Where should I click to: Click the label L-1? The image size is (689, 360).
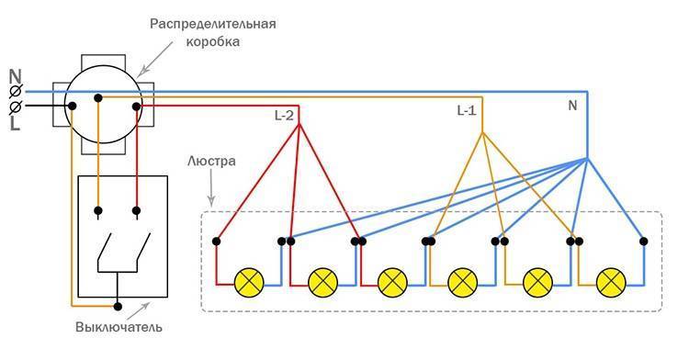click(x=467, y=110)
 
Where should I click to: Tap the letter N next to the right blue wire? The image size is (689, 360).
click(x=571, y=106)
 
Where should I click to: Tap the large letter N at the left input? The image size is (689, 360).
click(x=15, y=76)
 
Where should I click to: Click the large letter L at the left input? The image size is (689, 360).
click(x=15, y=122)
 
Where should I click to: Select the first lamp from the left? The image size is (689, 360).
click(x=248, y=281)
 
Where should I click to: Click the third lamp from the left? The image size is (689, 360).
click(x=392, y=281)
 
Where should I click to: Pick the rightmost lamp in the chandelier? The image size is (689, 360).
click(x=608, y=281)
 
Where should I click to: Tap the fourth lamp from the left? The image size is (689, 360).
click(x=463, y=281)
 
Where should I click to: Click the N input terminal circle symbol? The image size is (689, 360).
click(x=16, y=92)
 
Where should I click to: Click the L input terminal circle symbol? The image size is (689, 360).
click(x=16, y=107)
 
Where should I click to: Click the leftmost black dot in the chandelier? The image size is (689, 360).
click(x=216, y=242)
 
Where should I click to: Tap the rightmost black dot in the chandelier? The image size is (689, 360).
click(x=644, y=242)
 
